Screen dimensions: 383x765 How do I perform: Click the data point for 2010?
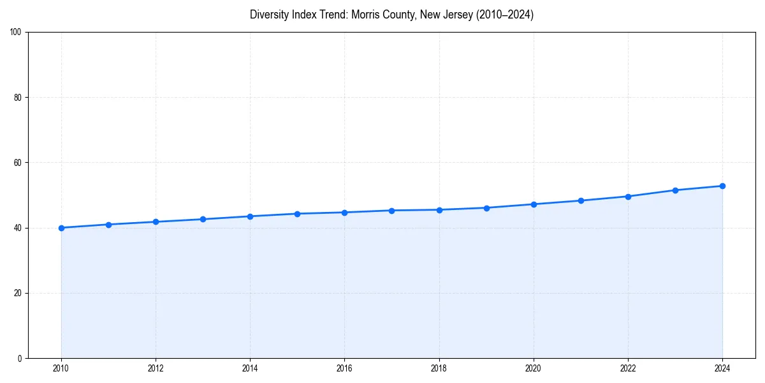pyautogui.click(x=61, y=228)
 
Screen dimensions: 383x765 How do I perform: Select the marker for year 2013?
pyautogui.click(x=203, y=219)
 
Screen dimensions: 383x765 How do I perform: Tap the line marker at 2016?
pyautogui.click(x=344, y=213)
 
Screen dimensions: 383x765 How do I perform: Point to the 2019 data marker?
pyautogui.click(x=486, y=207)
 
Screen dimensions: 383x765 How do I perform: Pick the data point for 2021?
pyautogui.click(x=581, y=200)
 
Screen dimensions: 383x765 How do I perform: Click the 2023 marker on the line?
pyautogui.click(x=675, y=190)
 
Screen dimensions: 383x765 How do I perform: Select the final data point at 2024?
pyautogui.click(x=722, y=186)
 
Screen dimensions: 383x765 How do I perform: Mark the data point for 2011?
pyautogui.click(x=108, y=225)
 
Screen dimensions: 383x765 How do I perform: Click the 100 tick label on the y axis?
pyautogui.click(x=16, y=33)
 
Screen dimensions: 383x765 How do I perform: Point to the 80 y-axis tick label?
pyautogui.click(x=18, y=98)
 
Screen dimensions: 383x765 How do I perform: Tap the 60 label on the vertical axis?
pyautogui.click(x=18, y=163)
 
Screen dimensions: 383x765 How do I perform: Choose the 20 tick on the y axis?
pyautogui.click(x=18, y=293)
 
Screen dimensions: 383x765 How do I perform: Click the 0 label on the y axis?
pyautogui.click(x=20, y=358)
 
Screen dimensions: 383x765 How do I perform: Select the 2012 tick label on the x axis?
pyautogui.click(x=156, y=368)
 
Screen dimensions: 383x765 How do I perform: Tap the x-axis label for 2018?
pyautogui.click(x=439, y=368)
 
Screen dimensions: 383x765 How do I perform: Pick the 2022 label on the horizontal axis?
pyautogui.click(x=628, y=368)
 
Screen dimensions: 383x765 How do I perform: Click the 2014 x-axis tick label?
pyautogui.click(x=250, y=368)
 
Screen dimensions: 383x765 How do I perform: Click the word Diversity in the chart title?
pyautogui.click(x=269, y=15)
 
